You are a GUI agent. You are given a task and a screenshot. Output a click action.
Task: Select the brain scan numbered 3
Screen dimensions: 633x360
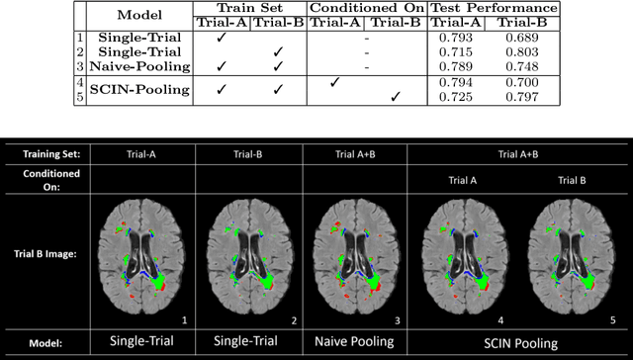351,256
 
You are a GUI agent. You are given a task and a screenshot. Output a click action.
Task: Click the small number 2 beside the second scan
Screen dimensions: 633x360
293,320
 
